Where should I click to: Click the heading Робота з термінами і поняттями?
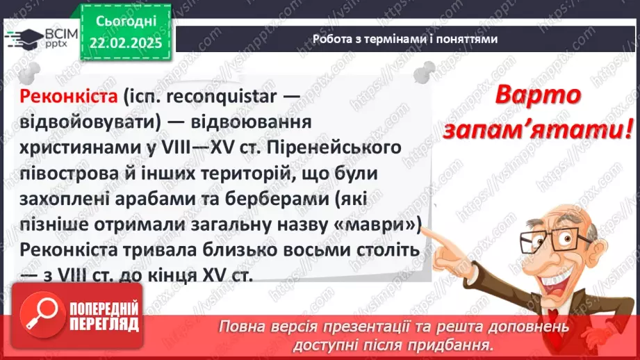404,40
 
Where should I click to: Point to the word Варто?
537,97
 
